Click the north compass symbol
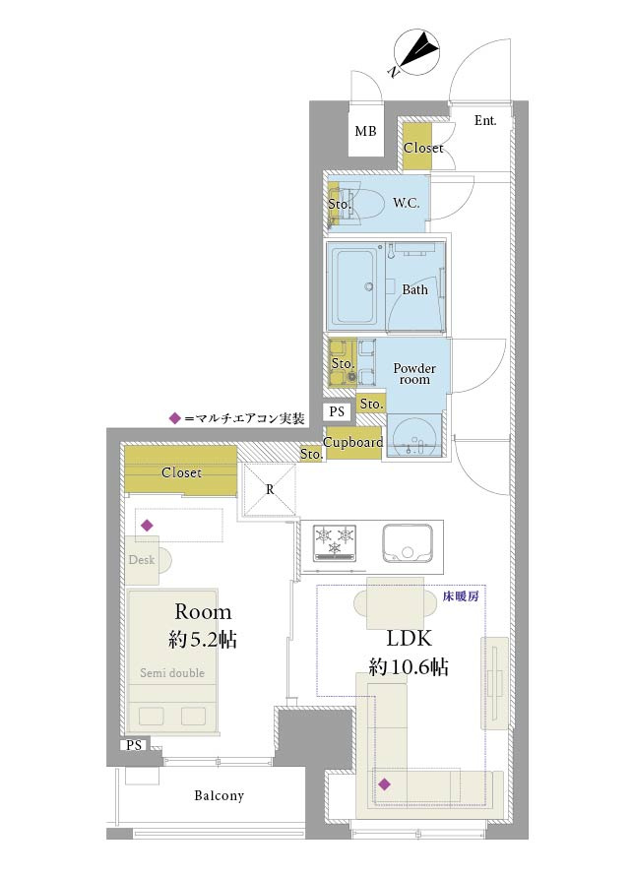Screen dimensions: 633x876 click(416, 53)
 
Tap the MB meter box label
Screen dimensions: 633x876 click(365, 131)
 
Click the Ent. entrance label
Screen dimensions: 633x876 click(485, 120)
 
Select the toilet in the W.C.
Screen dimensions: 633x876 click(363, 204)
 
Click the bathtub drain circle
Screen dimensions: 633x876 click(368, 287)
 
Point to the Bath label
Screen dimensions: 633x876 click(414, 289)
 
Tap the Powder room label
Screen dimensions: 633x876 click(414, 374)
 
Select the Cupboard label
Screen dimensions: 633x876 click(352, 443)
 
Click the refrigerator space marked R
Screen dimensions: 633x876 click(270, 490)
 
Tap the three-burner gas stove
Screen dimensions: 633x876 click(335, 542)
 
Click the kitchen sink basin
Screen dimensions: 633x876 click(408, 543)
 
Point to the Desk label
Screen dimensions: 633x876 click(142, 559)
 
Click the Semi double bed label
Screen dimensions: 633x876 click(172, 672)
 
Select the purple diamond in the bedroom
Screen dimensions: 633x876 click(147, 526)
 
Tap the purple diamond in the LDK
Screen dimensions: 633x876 click(384, 784)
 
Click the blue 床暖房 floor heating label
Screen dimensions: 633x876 click(461, 596)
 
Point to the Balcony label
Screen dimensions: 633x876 click(219, 795)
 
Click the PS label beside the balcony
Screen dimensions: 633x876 click(134, 745)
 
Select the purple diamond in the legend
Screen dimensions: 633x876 click(175, 418)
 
